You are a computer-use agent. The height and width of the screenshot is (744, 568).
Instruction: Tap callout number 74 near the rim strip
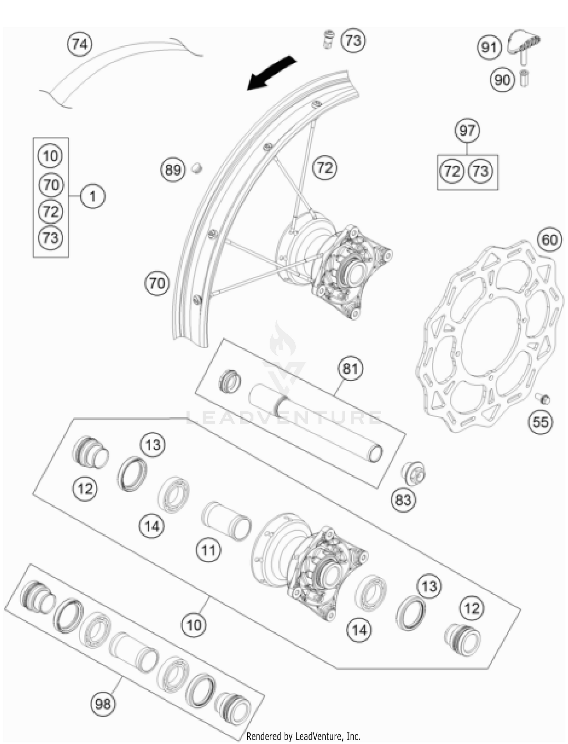pyautogui.click(x=80, y=44)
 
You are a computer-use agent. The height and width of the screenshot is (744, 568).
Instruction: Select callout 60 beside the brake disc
pyautogui.click(x=550, y=239)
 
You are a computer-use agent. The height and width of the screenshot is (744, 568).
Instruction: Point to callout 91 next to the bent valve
pyautogui.click(x=489, y=47)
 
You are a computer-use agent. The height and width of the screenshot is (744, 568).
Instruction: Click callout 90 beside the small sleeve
pyautogui.click(x=502, y=80)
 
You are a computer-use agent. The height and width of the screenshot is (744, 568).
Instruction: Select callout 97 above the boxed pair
pyautogui.click(x=467, y=130)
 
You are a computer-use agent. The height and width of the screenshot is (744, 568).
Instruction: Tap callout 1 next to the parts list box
pyautogui.click(x=92, y=196)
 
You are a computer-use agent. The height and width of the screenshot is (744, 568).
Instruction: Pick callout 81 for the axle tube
pyautogui.click(x=350, y=368)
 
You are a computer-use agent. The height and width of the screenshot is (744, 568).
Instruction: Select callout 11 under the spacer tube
pyautogui.click(x=209, y=550)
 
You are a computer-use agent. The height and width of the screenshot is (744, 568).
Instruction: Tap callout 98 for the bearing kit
pyautogui.click(x=103, y=704)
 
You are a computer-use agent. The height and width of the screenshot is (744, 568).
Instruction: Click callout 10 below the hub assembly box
pyautogui.click(x=194, y=625)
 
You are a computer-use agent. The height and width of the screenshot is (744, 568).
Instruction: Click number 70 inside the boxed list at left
pyautogui.click(x=51, y=185)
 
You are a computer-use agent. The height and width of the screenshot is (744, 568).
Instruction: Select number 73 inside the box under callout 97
pyautogui.click(x=481, y=171)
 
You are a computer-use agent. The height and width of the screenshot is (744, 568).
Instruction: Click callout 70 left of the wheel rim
pyautogui.click(x=157, y=283)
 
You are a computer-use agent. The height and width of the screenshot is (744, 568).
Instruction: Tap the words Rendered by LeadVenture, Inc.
pyautogui.click(x=303, y=736)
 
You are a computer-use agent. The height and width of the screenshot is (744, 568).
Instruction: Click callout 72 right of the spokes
pyautogui.click(x=325, y=167)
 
